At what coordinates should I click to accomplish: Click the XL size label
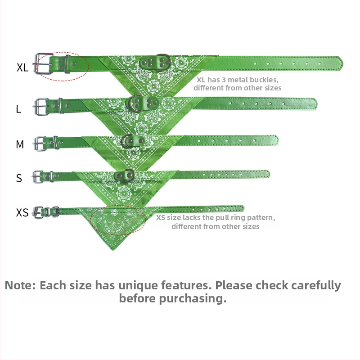pyautogui.click(x=22, y=67)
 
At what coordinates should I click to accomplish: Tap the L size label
pyautogui.click(x=18, y=108)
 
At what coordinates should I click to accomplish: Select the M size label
pyautogui.click(x=20, y=144)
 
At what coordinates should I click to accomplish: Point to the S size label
pyautogui.click(x=19, y=178)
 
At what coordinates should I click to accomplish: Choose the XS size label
pyautogui.click(x=22, y=212)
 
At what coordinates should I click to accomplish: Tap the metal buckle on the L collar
pyautogui.click(x=41, y=107)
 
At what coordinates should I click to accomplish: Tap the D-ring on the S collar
pyautogui.click(x=132, y=175)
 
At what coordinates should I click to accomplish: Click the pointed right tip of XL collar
pyautogui.click(x=343, y=63)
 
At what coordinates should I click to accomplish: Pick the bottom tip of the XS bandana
pyautogui.click(x=113, y=250)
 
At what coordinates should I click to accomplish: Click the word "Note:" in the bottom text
pyautogui.click(x=20, y=285)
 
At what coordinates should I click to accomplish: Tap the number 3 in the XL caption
pyautogui.click(x=224, y=80)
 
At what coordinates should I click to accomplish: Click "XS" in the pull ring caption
pyautogui.click(x=161, y=218)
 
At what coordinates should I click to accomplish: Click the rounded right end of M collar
pyautogui.click(x=277, y=140)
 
